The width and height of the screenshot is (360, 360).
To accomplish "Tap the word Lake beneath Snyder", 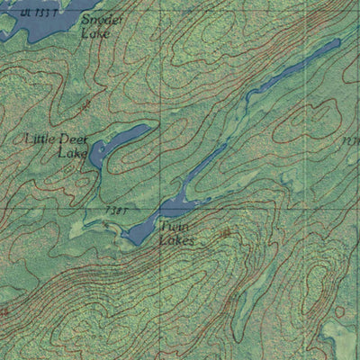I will click(x=95, y=34).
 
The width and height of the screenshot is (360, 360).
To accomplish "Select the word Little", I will click(x=40, y=139).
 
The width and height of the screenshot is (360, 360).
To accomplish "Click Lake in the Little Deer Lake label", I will click(x=73, y=153).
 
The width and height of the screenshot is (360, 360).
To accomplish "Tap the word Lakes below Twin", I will click(x=175, y=240).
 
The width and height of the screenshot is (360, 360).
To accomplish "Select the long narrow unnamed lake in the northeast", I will click(x=288, y=72).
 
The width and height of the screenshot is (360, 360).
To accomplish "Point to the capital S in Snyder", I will click(x=85, y=19).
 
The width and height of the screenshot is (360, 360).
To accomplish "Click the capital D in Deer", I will click(x=64, y=139).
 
